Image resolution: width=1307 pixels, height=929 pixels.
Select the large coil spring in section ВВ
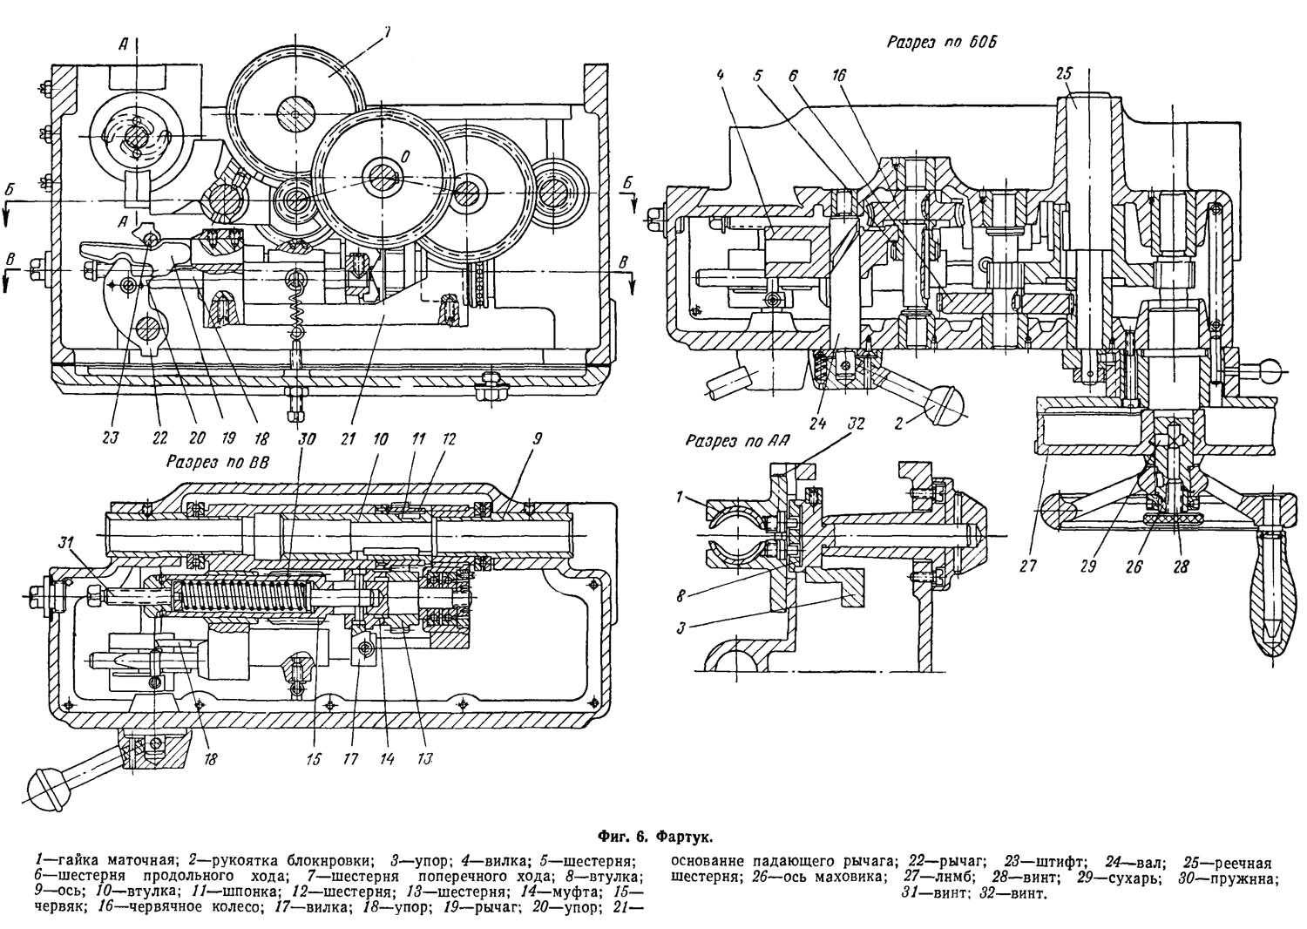[x=244, y=597]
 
